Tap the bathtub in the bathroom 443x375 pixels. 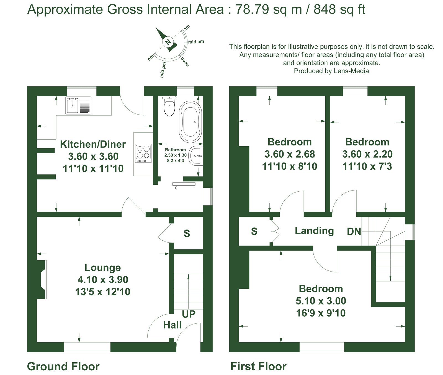[190, 122]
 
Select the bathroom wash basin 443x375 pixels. [196, 156]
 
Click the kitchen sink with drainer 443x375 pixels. [78, 105]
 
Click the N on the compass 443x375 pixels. [168, 42]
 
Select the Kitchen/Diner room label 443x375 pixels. [93, 144]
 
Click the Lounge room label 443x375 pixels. [103, 267]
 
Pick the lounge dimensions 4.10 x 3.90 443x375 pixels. [103, 280]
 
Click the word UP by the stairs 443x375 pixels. [189, 314]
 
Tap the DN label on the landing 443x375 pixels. [354, 231]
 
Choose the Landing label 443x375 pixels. [314, 231]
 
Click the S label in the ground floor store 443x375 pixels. [187, 233]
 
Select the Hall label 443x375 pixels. [172, 325]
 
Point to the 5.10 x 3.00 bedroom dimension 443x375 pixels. [321, 301]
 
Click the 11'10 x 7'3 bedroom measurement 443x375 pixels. [367, 166]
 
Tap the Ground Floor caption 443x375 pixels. [63, 366]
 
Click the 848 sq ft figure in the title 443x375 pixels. [339, 9]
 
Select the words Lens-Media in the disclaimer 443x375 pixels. [351, 71]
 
